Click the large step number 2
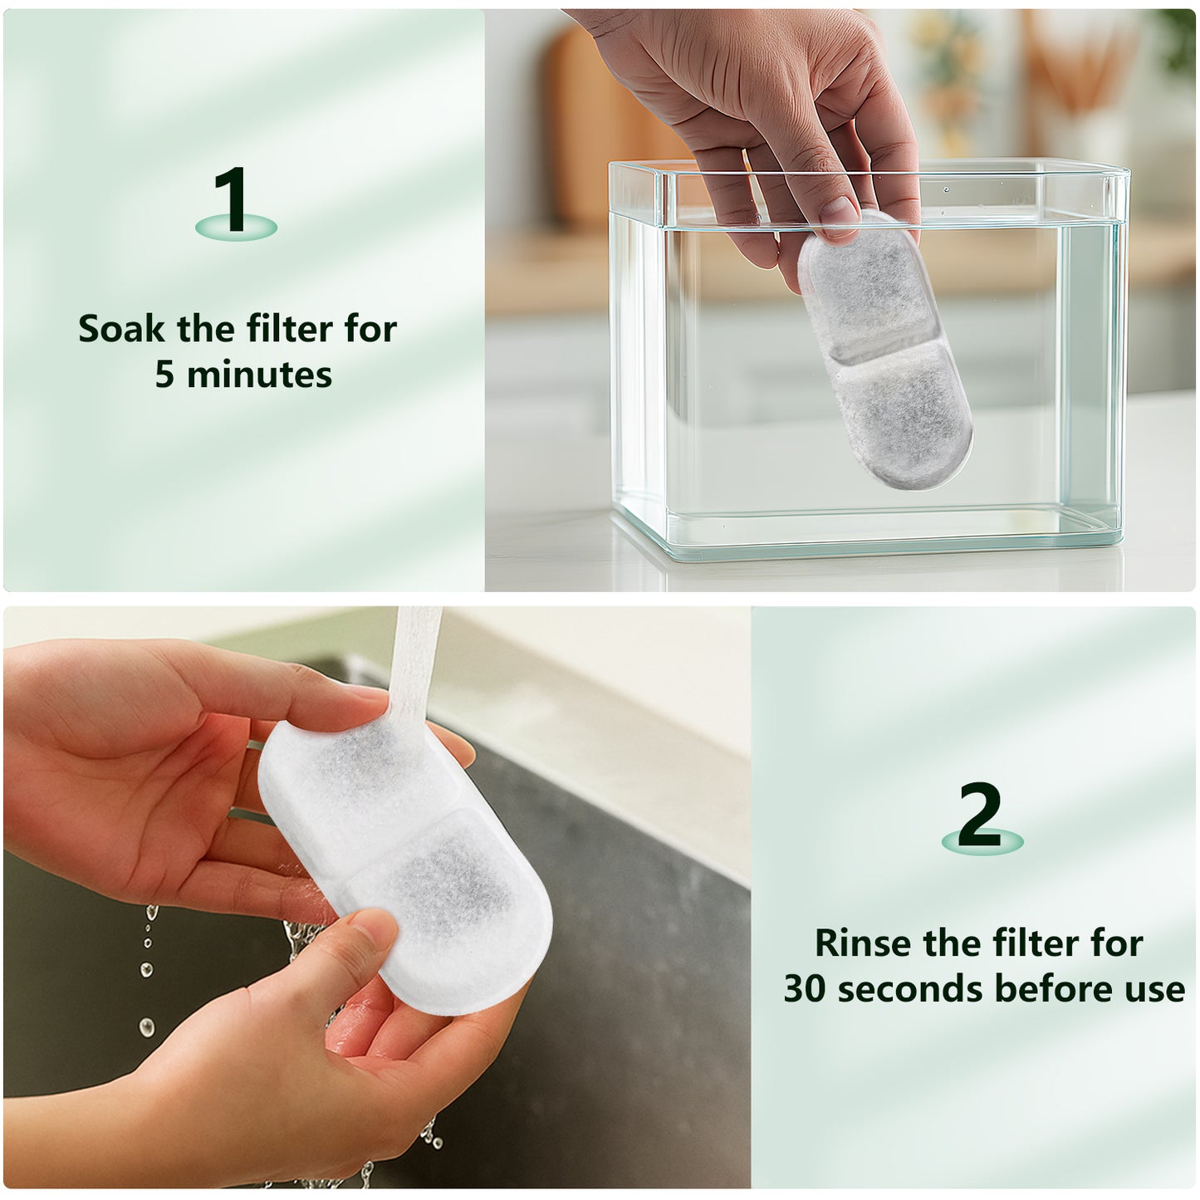click(x=980, y=813)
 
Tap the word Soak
click(x=125, y=330)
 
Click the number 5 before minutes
click(x=164, y=375)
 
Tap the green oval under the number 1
click(x=236, y=226)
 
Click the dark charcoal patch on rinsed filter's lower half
click(x=432, y=880)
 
